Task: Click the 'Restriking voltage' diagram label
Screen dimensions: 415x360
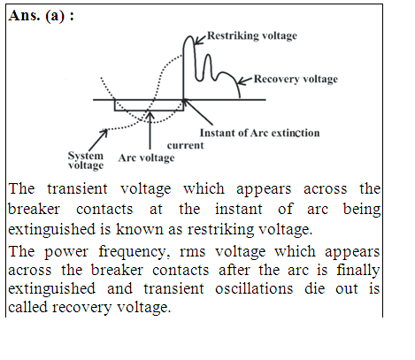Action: (x=252, y=35)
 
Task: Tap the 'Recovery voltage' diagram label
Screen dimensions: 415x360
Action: (x=296, y=79)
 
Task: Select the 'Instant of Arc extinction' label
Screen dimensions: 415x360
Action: (x=259, y=133)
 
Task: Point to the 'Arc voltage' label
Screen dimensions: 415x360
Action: (x=146, y=158)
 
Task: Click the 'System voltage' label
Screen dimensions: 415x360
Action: (x=86, y=160)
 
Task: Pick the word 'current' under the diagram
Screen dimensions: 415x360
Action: (x=185, y=145)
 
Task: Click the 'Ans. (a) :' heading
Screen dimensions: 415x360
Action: (x=41, y=16)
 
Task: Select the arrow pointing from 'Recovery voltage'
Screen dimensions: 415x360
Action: (x=245, y=80)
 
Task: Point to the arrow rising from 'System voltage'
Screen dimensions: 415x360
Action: (x=98, y=140)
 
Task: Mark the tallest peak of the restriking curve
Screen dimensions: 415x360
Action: (x=189, y=36)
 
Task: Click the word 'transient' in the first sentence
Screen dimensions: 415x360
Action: (x=77, y=188)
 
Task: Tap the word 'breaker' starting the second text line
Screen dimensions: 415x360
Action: (x=34, y=209)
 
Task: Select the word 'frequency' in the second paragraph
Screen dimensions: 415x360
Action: (x=134, y=252)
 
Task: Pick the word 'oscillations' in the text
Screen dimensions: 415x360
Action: (x=254, y=288)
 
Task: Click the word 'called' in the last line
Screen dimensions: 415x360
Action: (x=27, y=307)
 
